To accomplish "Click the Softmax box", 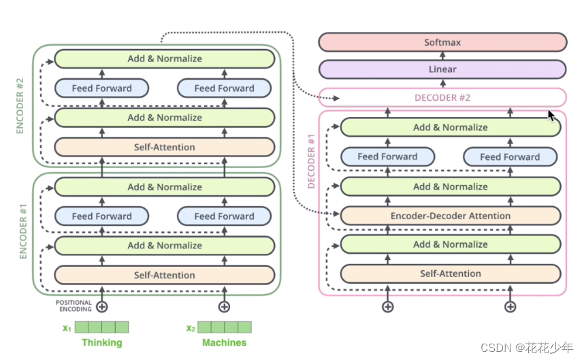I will click(442, 42).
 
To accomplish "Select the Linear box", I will click(442, 69).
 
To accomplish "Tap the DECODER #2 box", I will click(442, 97).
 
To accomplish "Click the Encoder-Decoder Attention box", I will click(450, 216).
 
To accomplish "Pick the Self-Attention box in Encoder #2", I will click(164, 147).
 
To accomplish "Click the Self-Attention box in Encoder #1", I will click(164, 275).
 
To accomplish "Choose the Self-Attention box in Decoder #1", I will click(450, 274).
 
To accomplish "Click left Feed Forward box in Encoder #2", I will click(101, 88).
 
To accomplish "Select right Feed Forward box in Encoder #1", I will click(224, 216).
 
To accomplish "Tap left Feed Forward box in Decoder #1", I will click(387, 157).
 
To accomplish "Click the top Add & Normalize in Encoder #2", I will click(164, 59).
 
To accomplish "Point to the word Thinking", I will click(102, 342).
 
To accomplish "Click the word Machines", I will click(224, 342).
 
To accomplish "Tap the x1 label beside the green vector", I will click(67, 328).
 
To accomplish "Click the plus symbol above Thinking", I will click(102, 307).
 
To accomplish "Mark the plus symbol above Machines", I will click(224, 307).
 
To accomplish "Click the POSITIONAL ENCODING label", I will click(74, 306).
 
